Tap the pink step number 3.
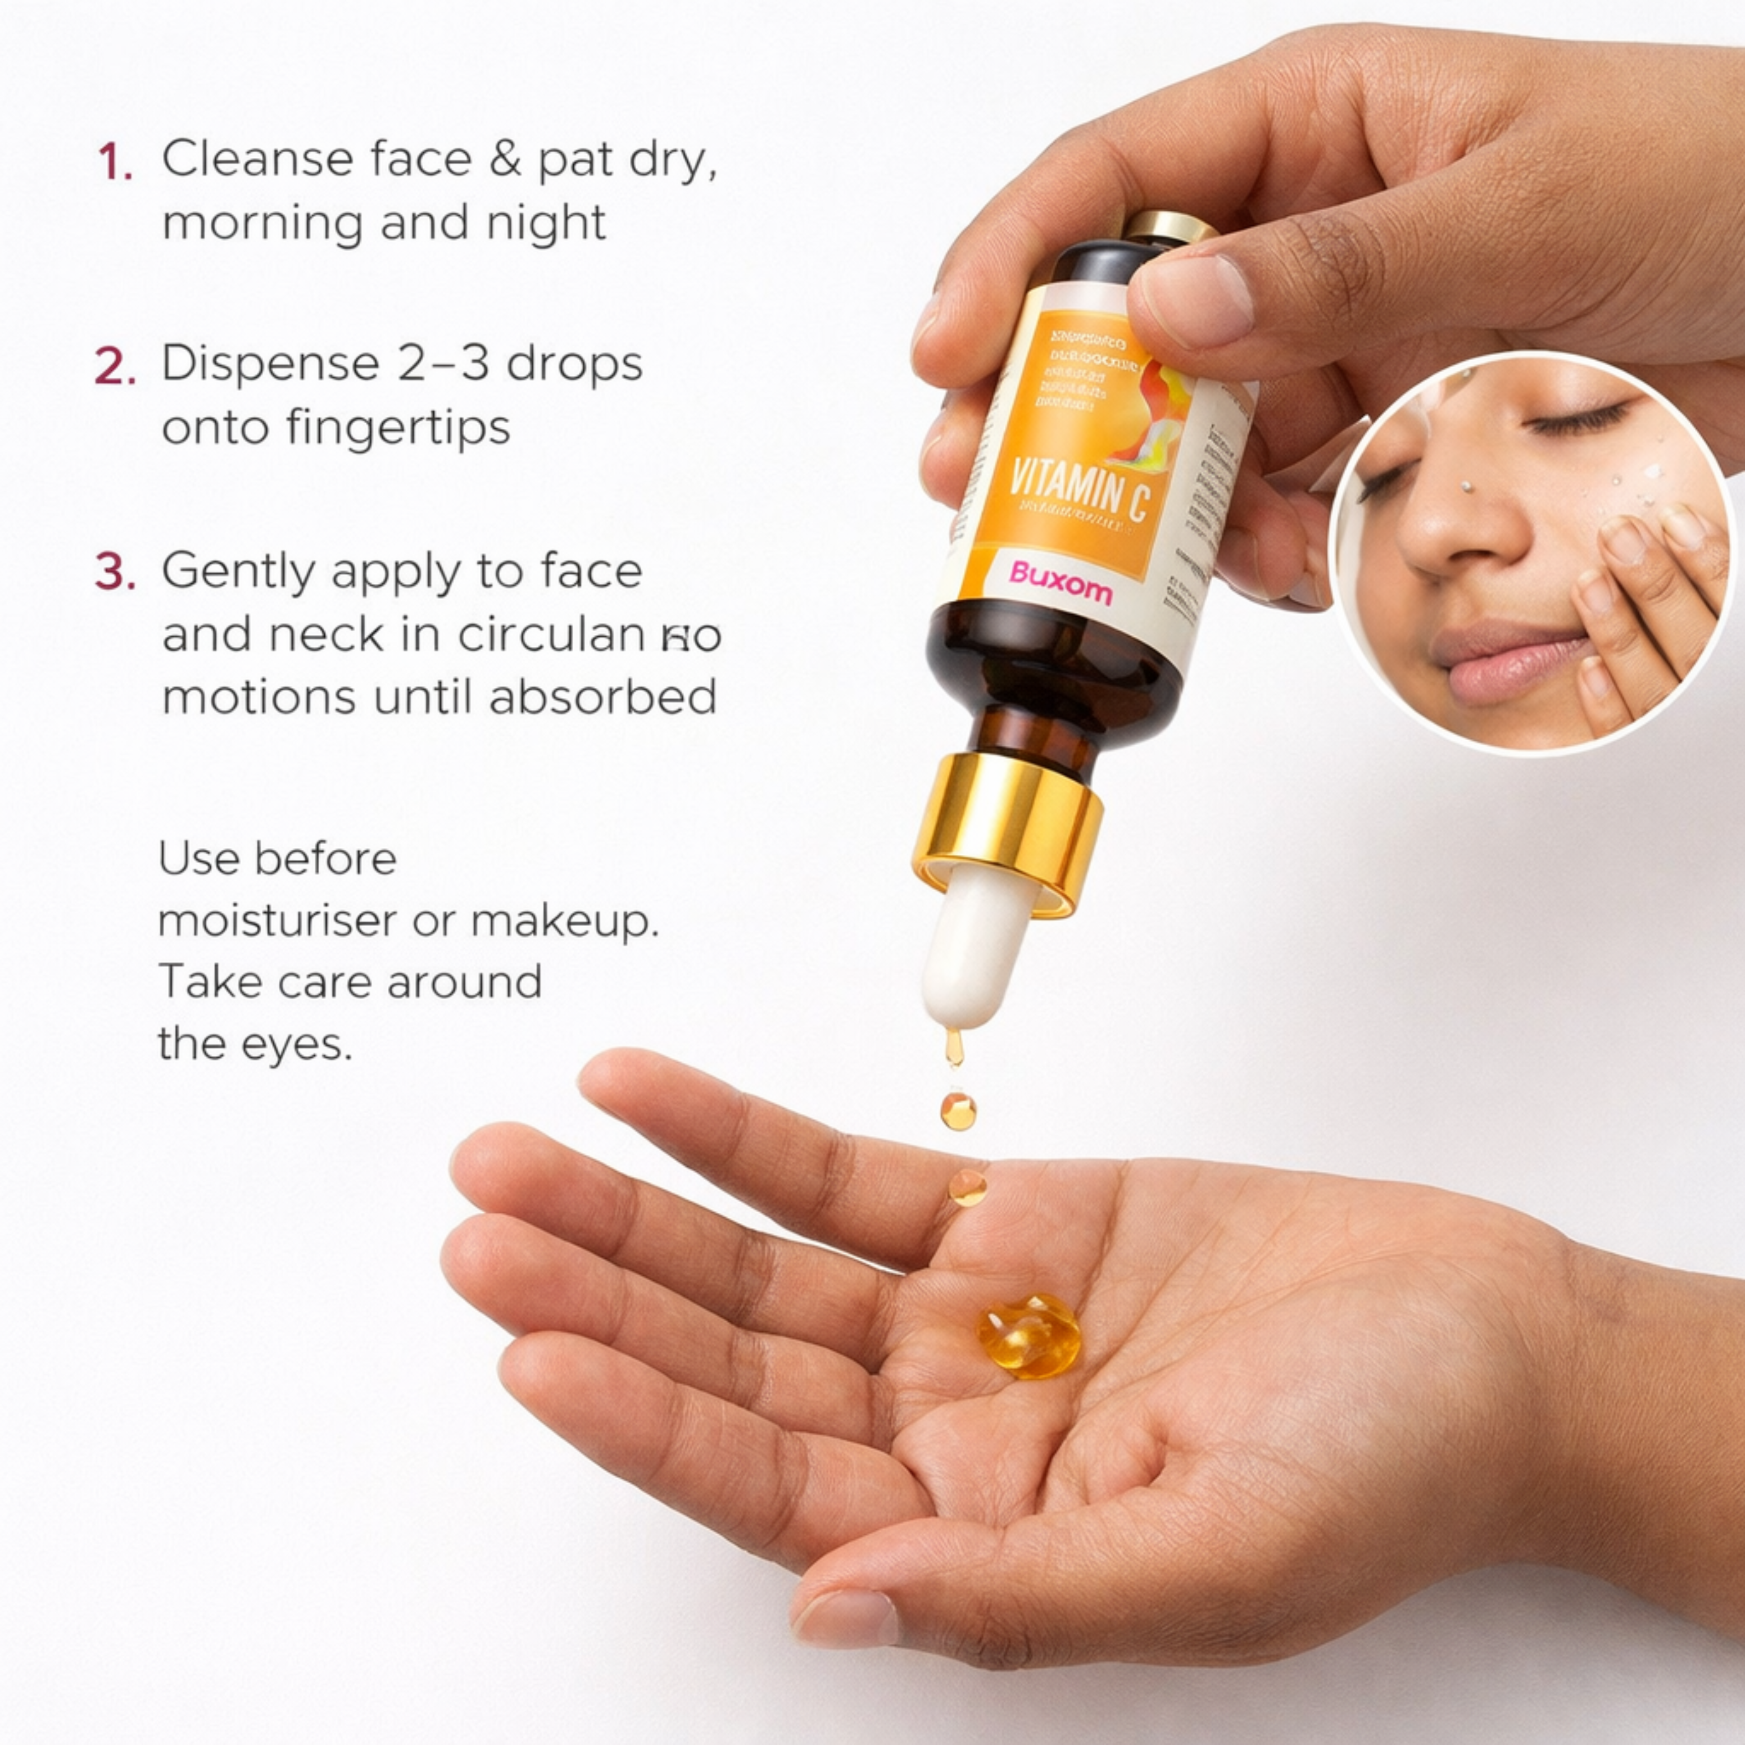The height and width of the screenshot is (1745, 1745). click(115, 574)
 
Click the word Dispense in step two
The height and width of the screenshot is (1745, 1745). click(270, 365)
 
